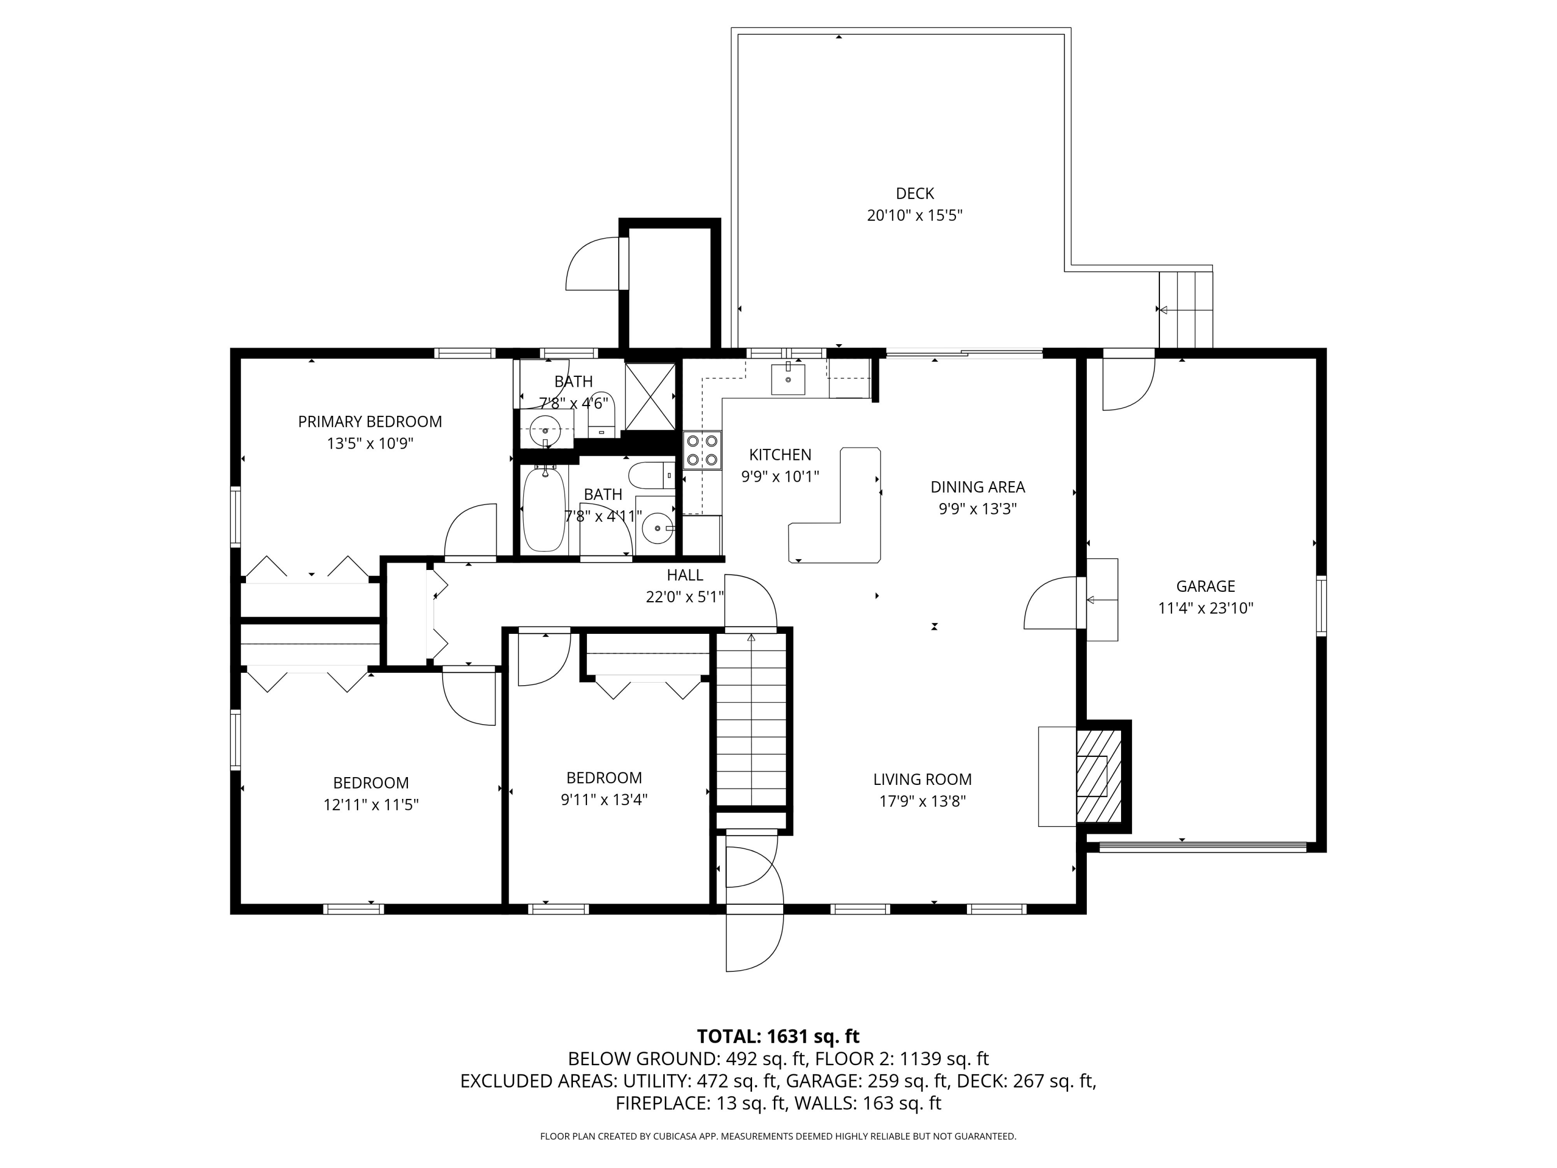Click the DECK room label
tap(914, 193)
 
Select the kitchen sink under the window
tap(788, 379)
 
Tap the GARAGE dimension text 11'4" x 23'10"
tap(1205, 608)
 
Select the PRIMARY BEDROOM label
tap(370, 422)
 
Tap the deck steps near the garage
tap(1186, 310)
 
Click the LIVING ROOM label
tap(922, 779)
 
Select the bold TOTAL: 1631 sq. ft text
tap(778, 1036)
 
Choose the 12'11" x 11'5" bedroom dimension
tap(371, 805)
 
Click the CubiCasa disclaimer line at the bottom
tap(778, 1136)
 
